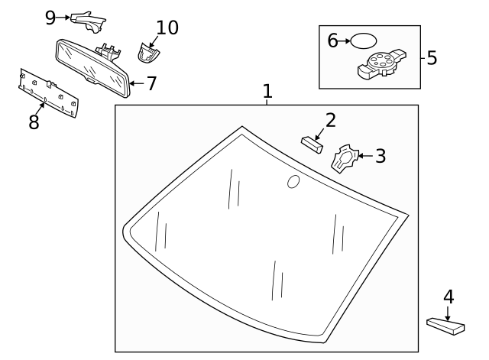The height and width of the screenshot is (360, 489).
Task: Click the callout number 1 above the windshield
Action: click(267, 92)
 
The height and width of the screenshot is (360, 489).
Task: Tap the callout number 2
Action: click(330, 120)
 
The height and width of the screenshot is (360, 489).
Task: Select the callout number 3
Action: click(380, 156)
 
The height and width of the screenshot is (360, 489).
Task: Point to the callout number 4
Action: click(449, 297)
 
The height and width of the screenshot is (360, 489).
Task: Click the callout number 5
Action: click(432, 57)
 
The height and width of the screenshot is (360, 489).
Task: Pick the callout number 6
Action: click(333, 41)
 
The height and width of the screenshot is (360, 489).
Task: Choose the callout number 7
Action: click(151, 83)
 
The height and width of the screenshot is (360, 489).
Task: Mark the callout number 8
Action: click(34, 122)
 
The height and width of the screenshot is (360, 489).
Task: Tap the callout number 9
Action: click(50, 16)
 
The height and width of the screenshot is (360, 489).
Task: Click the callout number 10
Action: click(167, 28)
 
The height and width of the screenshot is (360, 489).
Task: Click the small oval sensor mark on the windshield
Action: click(293, 181)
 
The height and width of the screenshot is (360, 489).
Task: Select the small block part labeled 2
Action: click(312, 143)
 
